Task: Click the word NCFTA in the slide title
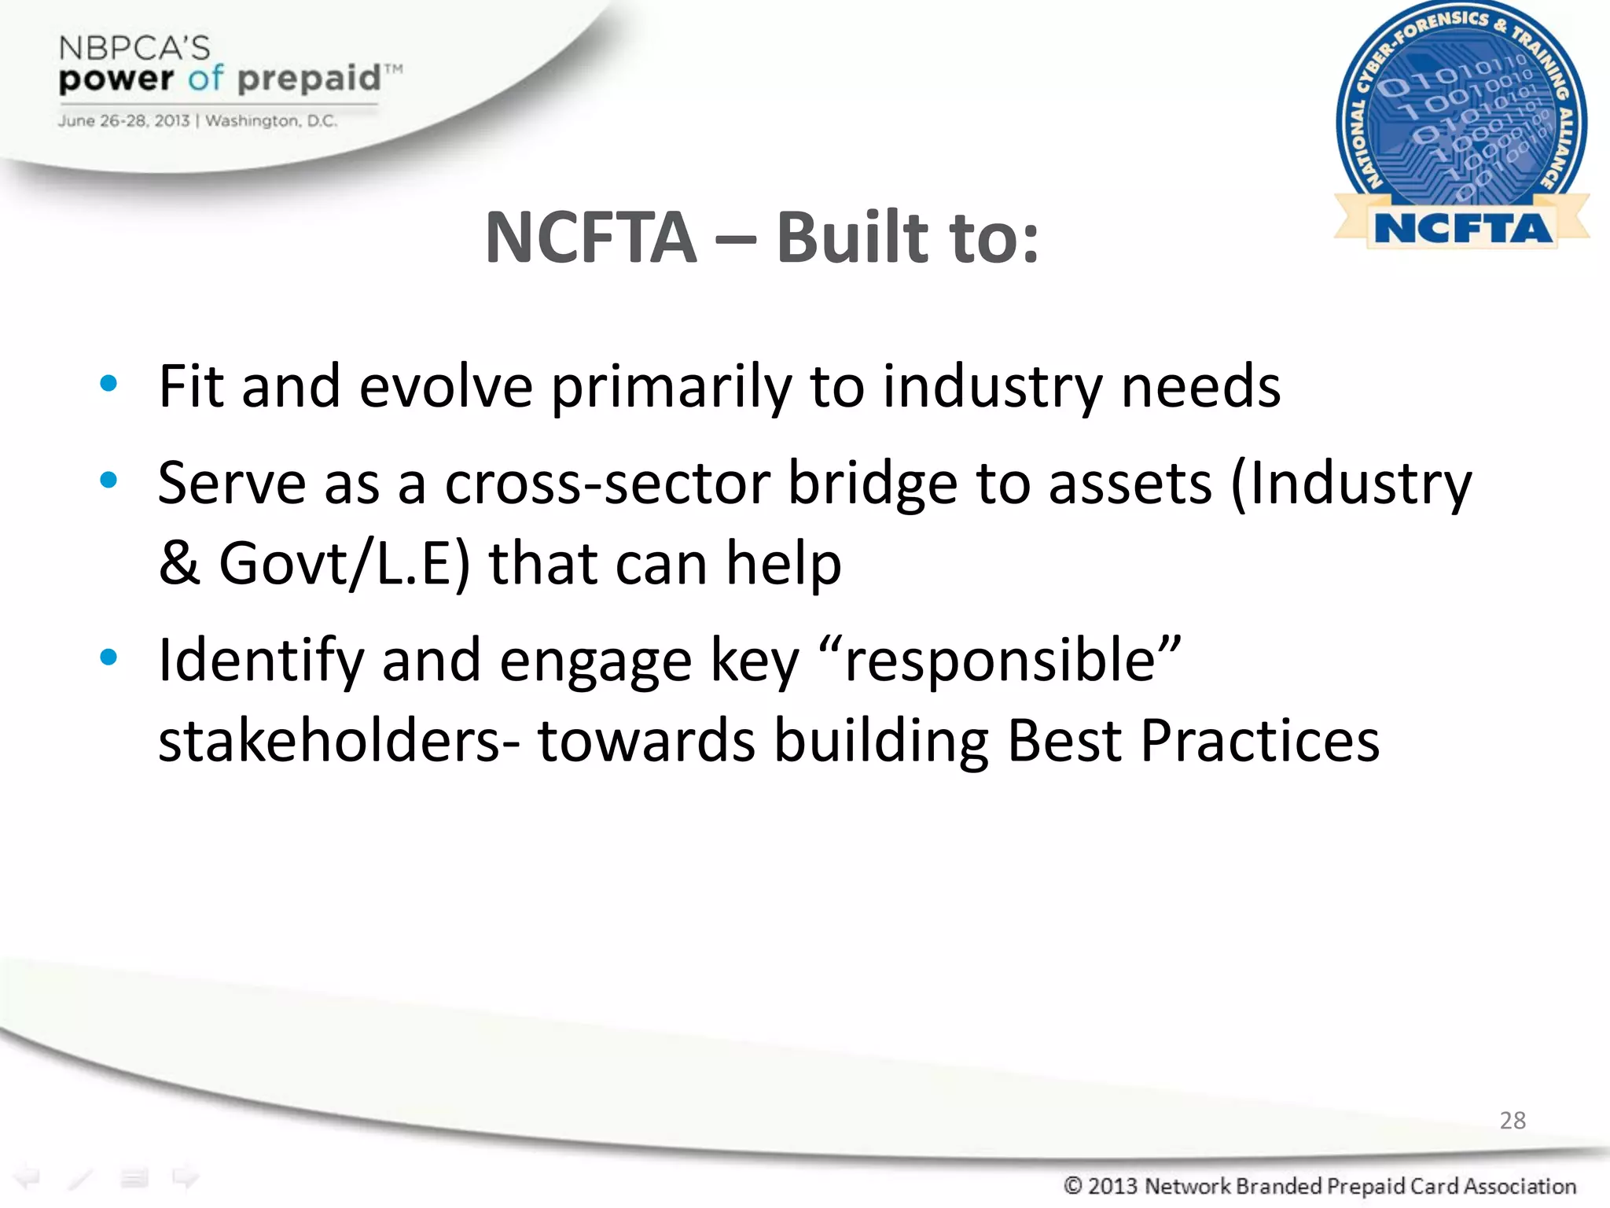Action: pos(590,238)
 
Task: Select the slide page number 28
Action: pos(1513,1120)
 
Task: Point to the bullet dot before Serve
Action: pos(108,481)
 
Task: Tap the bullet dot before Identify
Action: pos(108,657)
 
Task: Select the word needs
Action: pos(1200,387)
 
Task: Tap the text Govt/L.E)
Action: pos(344,564)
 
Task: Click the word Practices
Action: pos(1259,741)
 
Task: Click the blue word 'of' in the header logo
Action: pos(205,78)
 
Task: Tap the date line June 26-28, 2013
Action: pos(123,121)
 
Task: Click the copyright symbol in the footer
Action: pos(1073,1185)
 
